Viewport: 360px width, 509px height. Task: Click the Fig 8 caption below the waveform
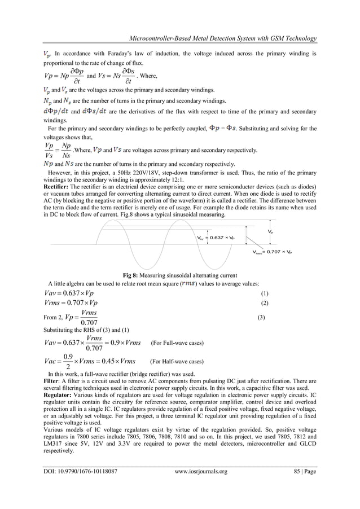tap(180, 275)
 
